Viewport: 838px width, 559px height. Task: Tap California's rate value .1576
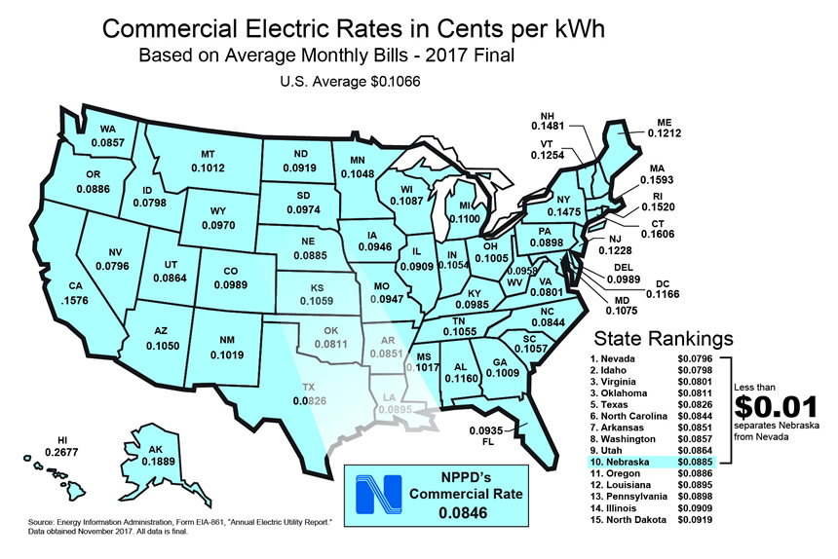click(x=74, y=301)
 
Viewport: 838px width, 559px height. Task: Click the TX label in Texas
click(x=309, y=385)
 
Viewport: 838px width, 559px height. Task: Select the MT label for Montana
click(x=208, y=154)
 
